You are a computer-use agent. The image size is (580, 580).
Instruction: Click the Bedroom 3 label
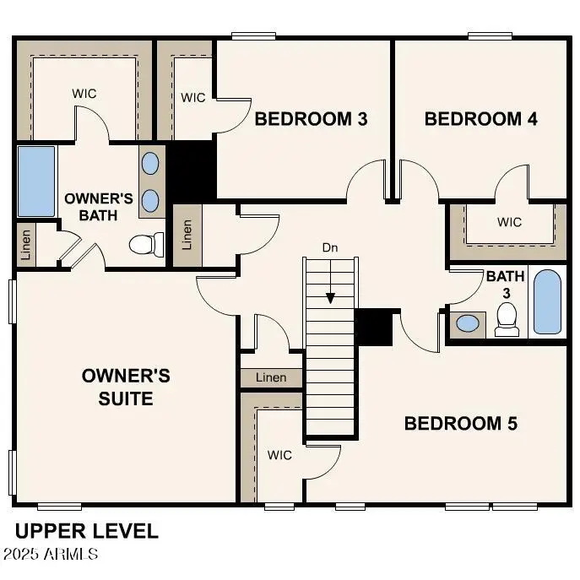point(311,119)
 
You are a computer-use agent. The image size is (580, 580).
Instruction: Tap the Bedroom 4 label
point(480,119)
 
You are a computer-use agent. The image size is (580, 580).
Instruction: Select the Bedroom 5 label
point(460,423)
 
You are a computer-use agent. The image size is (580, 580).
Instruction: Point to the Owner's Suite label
point(126,386)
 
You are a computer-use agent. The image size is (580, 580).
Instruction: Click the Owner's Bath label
point(99,207)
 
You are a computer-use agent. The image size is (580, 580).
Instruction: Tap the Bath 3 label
point(505,285)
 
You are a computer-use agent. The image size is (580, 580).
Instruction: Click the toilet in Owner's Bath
point(147,244)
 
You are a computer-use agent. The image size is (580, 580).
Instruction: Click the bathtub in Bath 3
point(547,301)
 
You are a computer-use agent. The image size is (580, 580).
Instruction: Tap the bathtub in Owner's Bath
point(36,181)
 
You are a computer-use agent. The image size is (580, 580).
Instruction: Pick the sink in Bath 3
point(466,323)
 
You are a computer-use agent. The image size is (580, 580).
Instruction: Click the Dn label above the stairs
point(330,248)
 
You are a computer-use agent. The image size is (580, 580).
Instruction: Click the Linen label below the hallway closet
point(270,377)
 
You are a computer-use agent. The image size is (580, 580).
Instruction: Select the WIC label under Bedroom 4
point(509,223)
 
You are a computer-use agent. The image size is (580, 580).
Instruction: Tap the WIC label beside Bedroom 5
point(279,455)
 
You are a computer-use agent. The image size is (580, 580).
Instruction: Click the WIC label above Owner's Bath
point(84,93)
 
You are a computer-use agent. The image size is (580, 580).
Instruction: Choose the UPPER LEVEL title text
point(86,531)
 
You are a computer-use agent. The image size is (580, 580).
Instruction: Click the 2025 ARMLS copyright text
point(50,555)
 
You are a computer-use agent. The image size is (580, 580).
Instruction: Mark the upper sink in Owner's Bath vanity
point(150,162)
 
